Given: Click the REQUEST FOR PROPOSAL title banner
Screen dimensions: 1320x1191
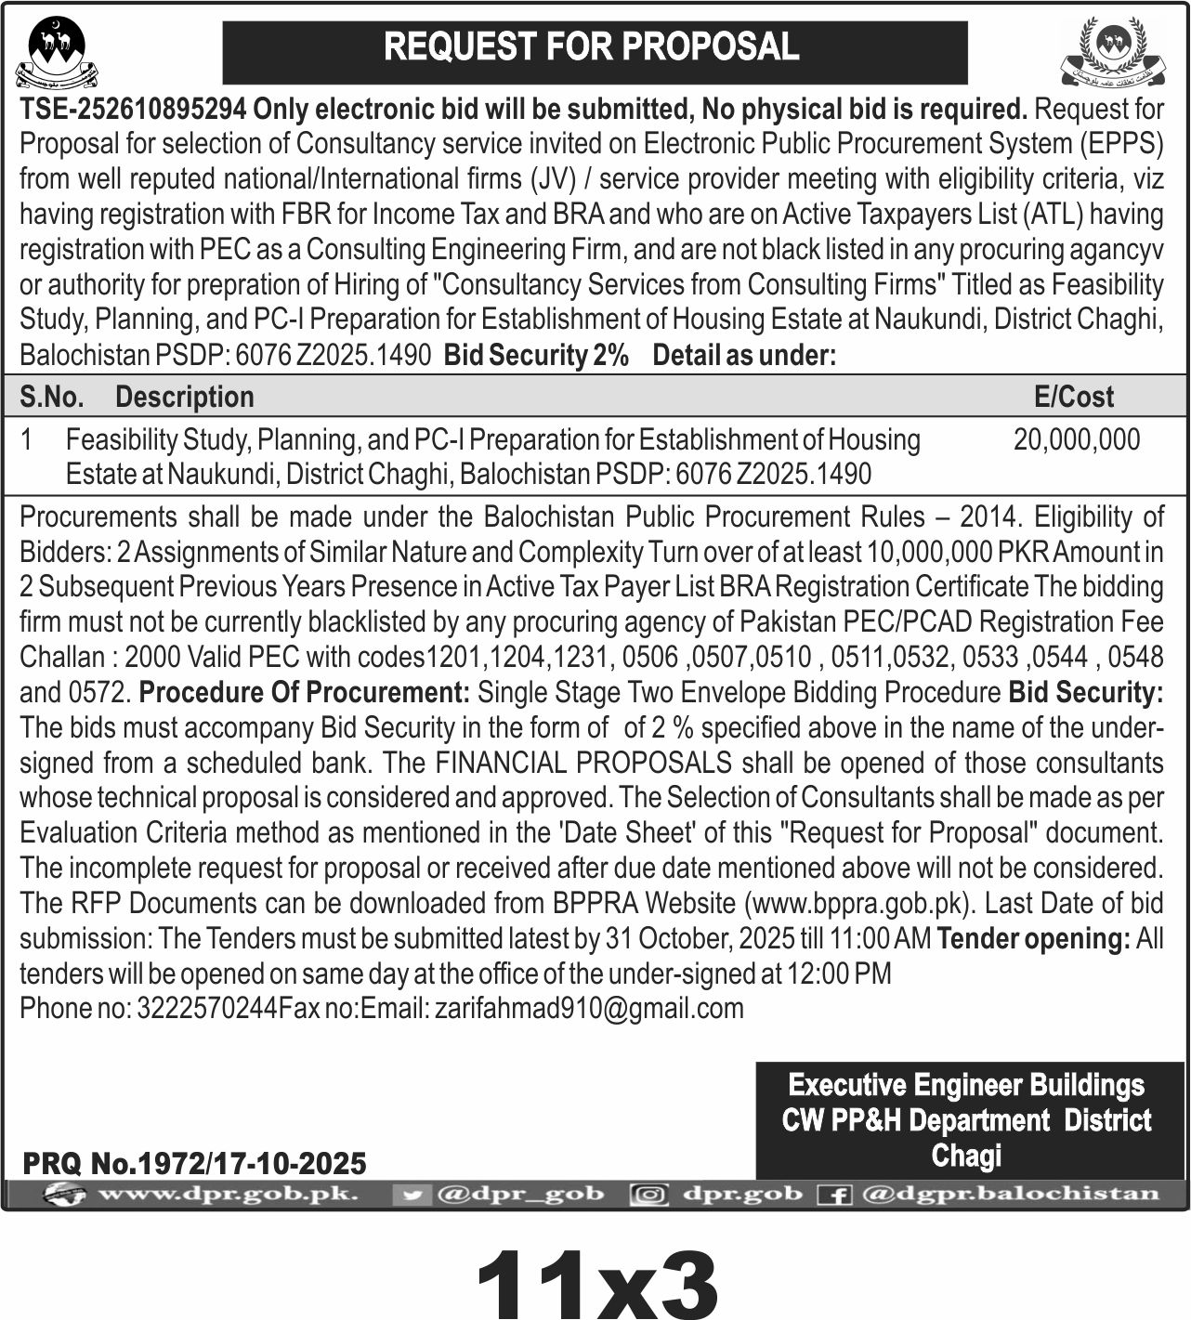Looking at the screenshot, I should [x=595, y=48].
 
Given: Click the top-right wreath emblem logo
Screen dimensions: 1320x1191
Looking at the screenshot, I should [x=1112, y=52].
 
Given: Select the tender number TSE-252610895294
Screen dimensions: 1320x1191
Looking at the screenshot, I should [x=133, y=110].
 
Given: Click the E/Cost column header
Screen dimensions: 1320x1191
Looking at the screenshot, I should [x=1073, y=398].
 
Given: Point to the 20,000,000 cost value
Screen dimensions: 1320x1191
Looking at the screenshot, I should [x=1076, y=439].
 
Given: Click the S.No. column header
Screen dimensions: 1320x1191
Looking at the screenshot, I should [x=51, y=398].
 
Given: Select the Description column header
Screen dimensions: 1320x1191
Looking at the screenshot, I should [x=184, y=398].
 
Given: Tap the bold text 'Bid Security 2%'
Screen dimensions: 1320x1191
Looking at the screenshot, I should [x=536, y=355].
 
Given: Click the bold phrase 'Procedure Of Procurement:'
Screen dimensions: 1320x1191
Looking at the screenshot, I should [x=305, y=692].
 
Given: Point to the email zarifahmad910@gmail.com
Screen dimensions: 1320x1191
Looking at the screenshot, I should [x=589, y=1008].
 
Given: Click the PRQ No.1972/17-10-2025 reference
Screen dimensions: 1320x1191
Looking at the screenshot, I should [x=194, y=1163].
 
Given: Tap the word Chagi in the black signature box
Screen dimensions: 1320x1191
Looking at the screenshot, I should [x=966, y=1157].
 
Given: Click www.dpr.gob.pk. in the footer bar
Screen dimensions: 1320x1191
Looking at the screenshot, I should [x=227, y=1194].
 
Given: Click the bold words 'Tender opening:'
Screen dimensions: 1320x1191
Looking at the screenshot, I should [x=1033, y=938].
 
